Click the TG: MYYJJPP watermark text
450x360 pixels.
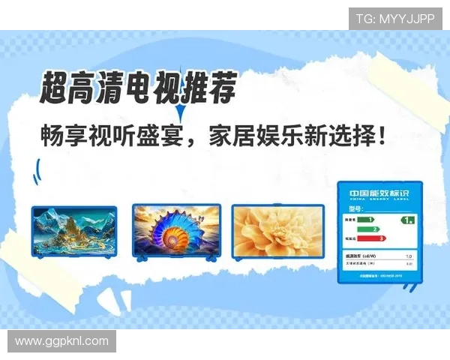[x=395, y=18]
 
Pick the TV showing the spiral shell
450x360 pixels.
[x=176, y=230]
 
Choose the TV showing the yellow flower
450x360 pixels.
[x=277, y=230]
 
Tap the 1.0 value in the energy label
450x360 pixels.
[x=407, y=256]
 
